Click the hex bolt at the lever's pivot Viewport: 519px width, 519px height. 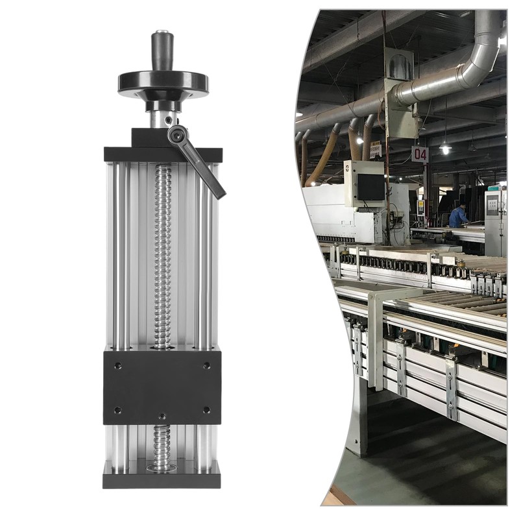tap(173, 134)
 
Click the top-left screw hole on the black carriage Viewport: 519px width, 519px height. tap(117, 365)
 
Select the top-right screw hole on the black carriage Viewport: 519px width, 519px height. tap(206, 365)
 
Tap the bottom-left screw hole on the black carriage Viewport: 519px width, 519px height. tap(117, 410)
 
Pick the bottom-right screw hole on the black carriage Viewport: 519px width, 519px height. tap(206, 410)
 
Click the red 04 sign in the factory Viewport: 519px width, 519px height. tap(420, 154)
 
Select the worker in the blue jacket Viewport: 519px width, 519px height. tap(459, 215)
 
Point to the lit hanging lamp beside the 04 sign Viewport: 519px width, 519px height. tap(444, 149)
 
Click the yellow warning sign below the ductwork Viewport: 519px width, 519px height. tap(420, 207)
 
